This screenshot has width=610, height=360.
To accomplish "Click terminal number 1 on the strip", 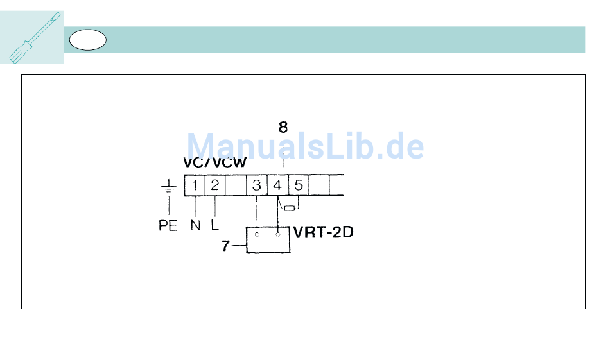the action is [194, 185].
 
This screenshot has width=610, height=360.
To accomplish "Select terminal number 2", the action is [215, 185].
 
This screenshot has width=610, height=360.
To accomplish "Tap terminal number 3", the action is [257, 185].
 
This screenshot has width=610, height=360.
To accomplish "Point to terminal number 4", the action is [277, 185].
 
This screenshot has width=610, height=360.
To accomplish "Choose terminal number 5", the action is [299, 185].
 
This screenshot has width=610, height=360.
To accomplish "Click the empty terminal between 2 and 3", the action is [236, 185].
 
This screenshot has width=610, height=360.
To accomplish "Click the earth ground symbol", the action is [168, 187].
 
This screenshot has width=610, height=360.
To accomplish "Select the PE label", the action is [168, 226].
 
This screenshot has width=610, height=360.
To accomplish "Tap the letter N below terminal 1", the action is [195, 226].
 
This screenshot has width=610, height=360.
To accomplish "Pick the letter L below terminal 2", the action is [214, 226].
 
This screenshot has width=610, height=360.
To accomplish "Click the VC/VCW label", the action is [214, 164].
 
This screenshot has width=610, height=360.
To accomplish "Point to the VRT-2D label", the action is [323, 232].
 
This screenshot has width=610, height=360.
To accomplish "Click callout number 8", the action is [283, 128].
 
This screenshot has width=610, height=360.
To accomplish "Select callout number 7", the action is [225, 245].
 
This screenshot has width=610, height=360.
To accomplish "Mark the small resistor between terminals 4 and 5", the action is [290, 208].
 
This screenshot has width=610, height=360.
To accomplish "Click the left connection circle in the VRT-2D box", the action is [257, 235].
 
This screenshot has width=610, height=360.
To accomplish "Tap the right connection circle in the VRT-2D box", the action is [278, 235].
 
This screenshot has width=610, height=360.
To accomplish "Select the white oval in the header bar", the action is [87, 40].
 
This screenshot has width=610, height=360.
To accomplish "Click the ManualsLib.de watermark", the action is [305, 147].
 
